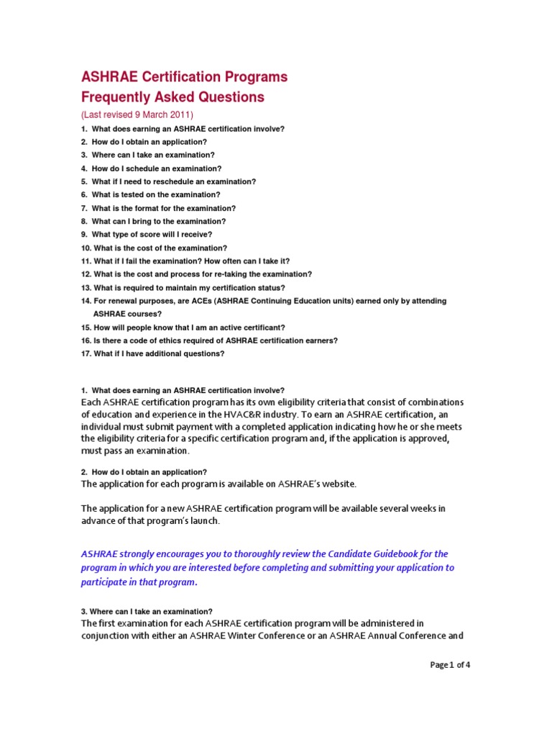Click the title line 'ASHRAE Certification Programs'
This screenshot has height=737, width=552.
click(184, 77)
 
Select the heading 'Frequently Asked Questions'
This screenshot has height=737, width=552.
click(172, 97)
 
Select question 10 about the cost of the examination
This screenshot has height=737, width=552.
click(154, 248)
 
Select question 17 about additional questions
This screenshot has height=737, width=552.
click(153, 353)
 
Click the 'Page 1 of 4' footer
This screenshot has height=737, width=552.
click(450, 665)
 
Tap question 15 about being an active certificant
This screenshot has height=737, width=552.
click(183, 327)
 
